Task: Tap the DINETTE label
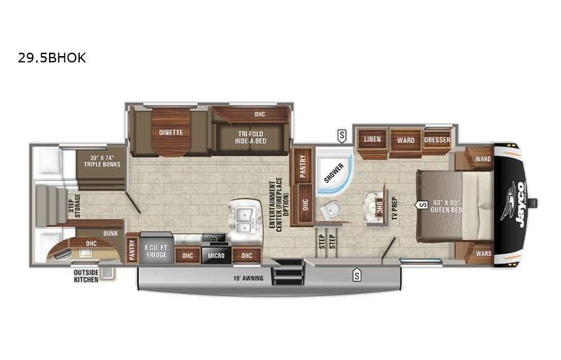click(170, 131)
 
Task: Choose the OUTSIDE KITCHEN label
click(86, 275)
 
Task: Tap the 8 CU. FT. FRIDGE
click(157, 250)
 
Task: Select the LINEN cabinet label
click(372, 140)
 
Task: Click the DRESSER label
click(437, 140)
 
